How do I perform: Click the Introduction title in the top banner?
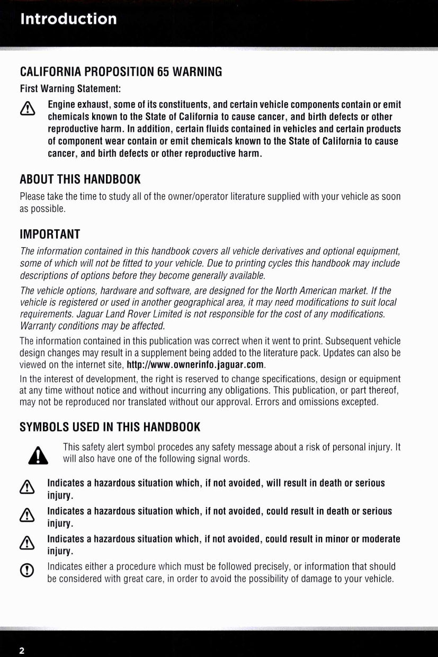68,19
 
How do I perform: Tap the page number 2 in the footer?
22,651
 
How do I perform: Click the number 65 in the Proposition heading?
163,71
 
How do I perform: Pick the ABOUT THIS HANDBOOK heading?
80,178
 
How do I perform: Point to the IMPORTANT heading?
50,234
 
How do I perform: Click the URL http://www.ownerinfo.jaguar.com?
195,365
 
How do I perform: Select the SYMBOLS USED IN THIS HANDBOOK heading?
110,427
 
